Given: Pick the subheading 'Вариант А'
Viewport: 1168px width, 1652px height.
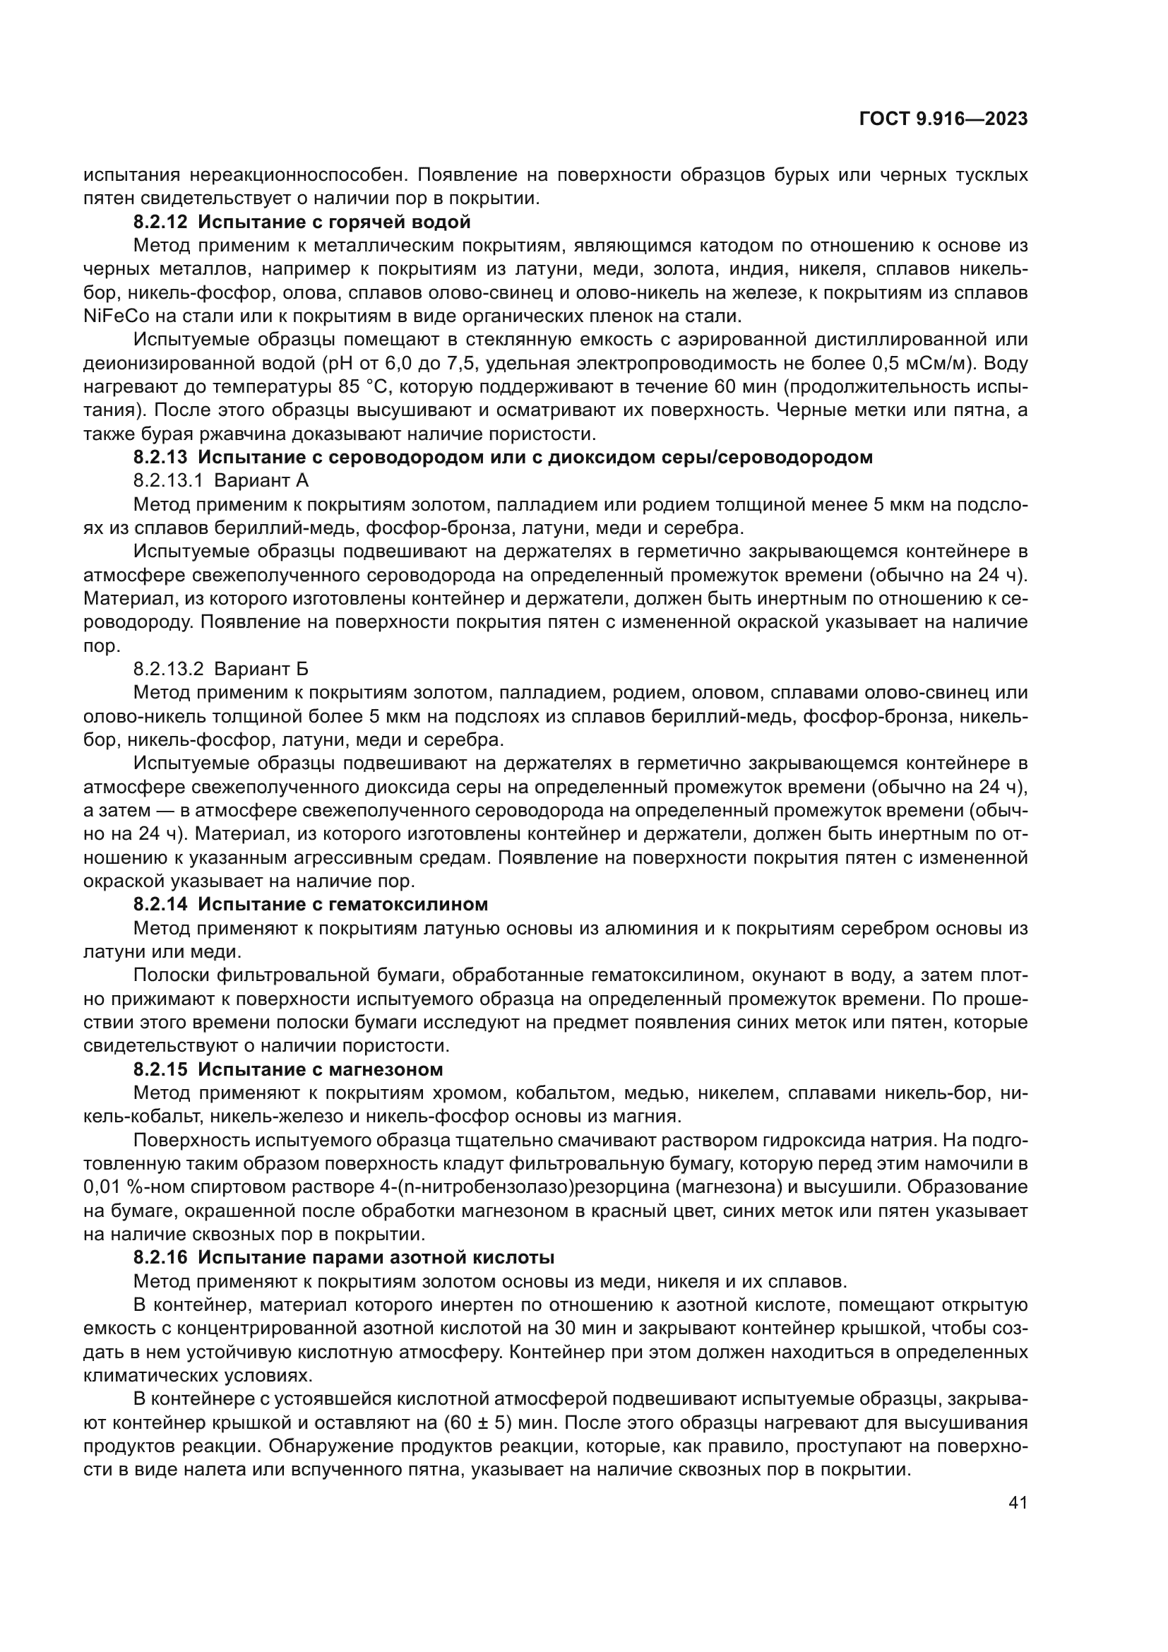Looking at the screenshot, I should pyautogui.click(x=261, y=481).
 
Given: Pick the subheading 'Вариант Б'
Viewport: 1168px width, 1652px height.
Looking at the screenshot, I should pyautogui.click(x=261, y=669).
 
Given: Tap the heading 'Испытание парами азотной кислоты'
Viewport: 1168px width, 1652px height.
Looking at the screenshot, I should pyautogui.click(x=376, y=1257).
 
